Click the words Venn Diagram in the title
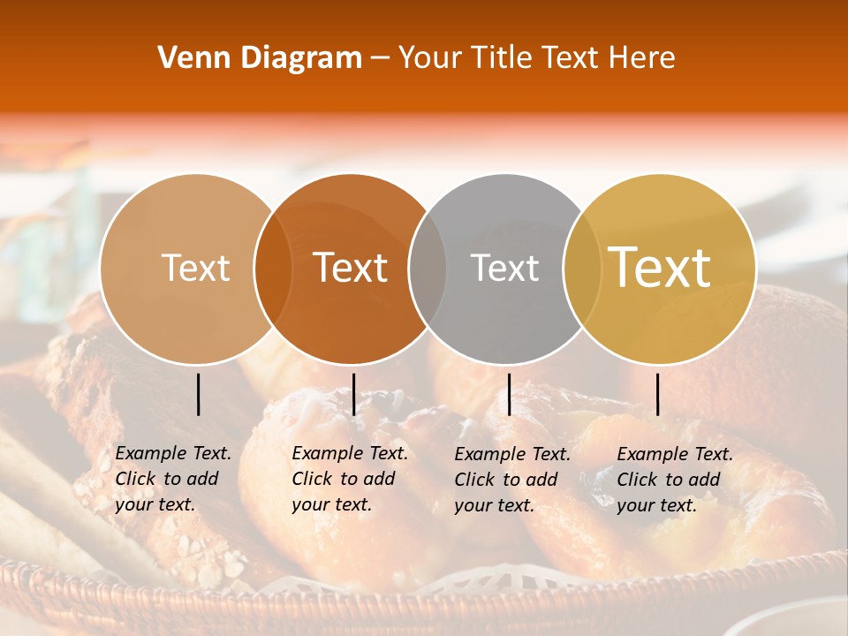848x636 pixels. (x=260, y=58)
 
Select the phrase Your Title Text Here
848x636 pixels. (x=536, y=58)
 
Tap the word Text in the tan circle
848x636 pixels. (x=195, y=268)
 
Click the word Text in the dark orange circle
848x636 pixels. (x=350, y=268)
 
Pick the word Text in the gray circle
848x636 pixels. (x=504, y=268)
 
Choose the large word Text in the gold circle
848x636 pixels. (x=659, y=268)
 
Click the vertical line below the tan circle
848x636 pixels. (x=199, y=394)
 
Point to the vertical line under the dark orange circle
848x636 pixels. (x=353, y=394)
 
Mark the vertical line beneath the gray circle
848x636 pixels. (x=509, y=394)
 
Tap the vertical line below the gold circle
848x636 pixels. (x=657, y=394)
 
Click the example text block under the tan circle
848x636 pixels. (x=173, y=479)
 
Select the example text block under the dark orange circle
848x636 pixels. (x=350, y=479)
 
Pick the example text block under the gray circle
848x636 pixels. (x=512, y=480)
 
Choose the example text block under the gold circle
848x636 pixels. (x=675, y=480)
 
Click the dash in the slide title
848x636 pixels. (x=380, y=59)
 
